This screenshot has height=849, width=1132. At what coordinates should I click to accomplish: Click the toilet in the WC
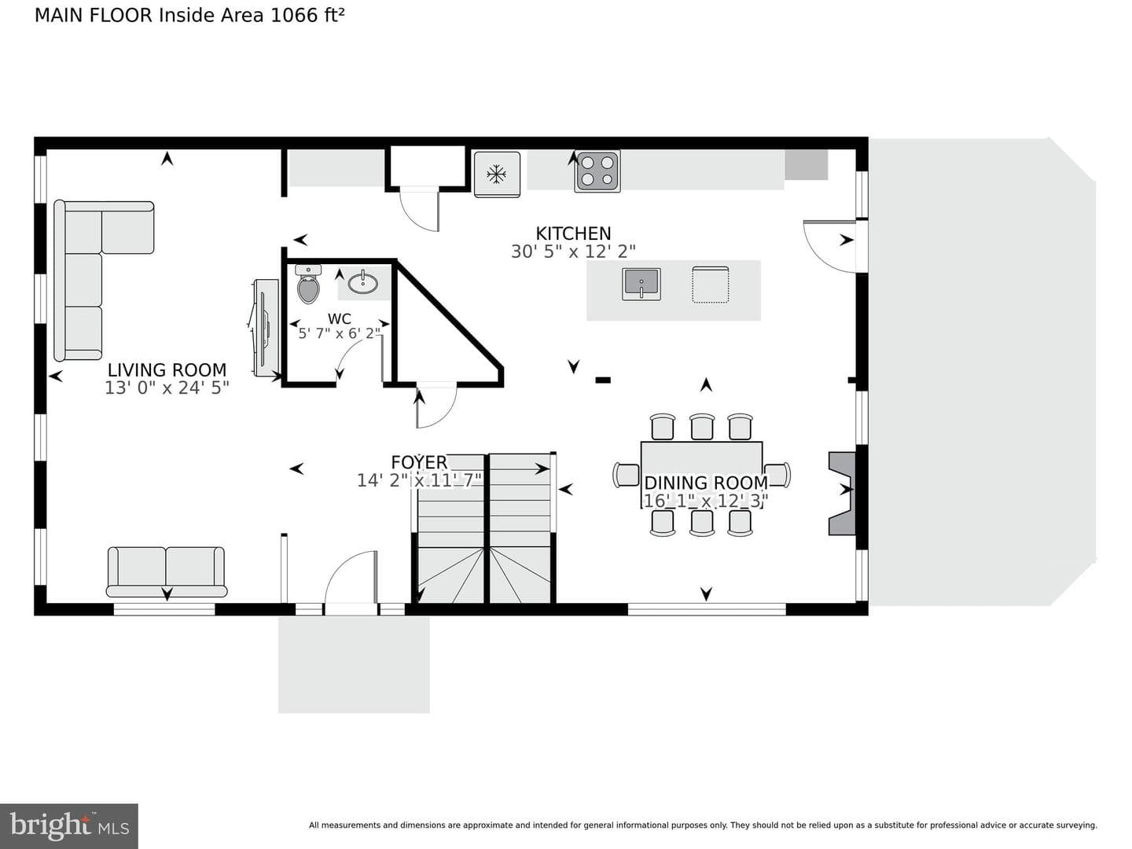(308, 285)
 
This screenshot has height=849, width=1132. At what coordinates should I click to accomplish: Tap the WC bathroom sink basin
(363, 283)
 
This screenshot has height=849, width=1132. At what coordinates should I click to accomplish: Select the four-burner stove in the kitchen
(597, 171)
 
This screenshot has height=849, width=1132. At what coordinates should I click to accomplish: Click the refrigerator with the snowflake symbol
(497, 175)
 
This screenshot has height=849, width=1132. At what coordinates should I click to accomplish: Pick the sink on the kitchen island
(641, 284)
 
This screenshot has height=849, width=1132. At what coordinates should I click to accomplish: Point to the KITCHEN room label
(573, 233)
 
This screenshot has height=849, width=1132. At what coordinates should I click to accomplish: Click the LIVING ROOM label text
(167, 369)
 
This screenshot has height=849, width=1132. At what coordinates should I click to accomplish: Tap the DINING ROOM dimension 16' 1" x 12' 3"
(706, 501)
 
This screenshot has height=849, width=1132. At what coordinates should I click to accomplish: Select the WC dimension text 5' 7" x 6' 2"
(340, 333)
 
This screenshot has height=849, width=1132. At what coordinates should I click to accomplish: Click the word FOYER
(419, 462)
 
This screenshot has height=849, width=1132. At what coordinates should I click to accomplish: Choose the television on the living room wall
(266, 328)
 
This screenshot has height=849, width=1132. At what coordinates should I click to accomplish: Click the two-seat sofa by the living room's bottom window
(167, 572)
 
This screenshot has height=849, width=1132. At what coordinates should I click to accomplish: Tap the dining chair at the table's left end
(626, 475)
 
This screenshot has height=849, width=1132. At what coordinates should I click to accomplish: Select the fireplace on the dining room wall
(842, 494)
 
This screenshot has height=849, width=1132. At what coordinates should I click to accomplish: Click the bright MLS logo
(69, 825)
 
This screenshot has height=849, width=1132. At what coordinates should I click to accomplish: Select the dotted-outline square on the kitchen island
(710, 284)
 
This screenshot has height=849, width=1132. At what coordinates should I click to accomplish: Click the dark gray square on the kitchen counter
(806, 165)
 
